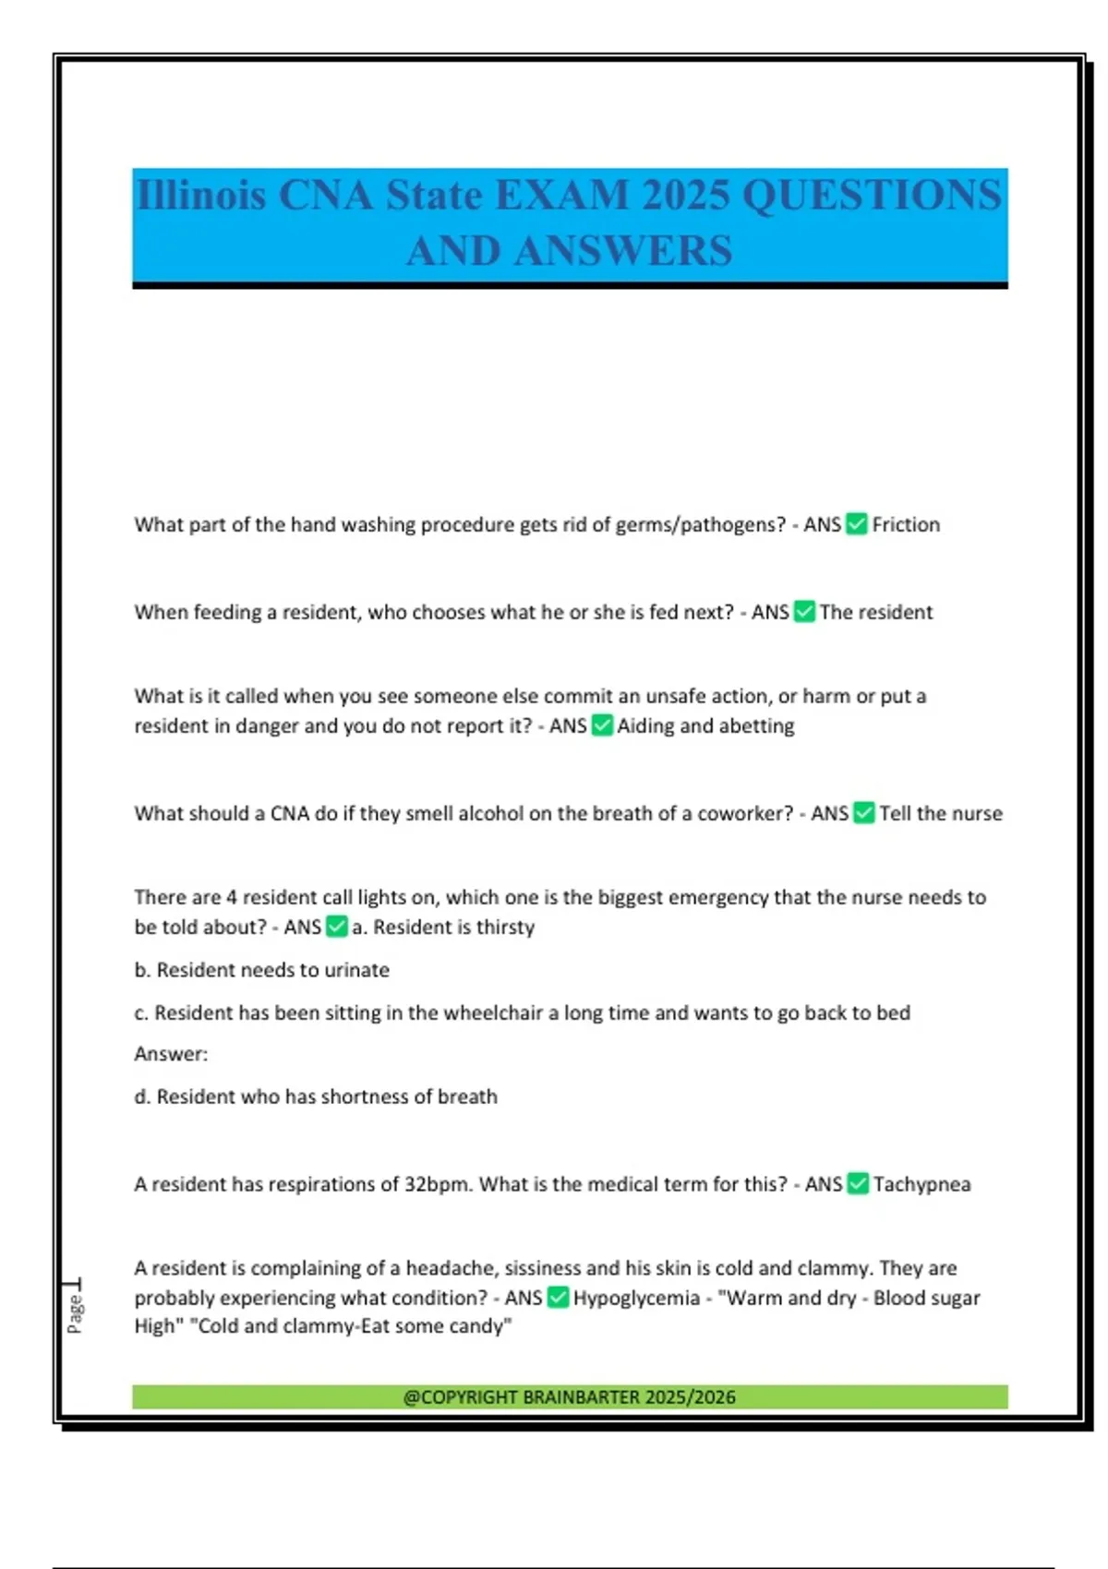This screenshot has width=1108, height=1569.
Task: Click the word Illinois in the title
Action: tap(200, 196)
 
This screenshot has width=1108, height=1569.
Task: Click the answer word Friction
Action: tap(906, 525)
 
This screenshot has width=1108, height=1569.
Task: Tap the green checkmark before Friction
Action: tap(857, 525)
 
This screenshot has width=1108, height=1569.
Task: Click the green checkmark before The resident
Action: tap(804, 612)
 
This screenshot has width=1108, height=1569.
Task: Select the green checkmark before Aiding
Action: tap(602, 726)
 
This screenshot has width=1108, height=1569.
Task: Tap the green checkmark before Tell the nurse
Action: tap(864, 814)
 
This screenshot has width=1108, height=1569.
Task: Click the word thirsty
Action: tap(505, 928)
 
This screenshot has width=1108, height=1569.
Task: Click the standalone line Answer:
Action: tap(171, 1054)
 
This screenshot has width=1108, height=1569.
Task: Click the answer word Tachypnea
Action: tap(921, 1184)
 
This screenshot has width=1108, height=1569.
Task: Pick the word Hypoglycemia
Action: tap(636, 1299)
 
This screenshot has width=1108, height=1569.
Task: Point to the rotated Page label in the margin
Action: tap(75, 1312)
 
